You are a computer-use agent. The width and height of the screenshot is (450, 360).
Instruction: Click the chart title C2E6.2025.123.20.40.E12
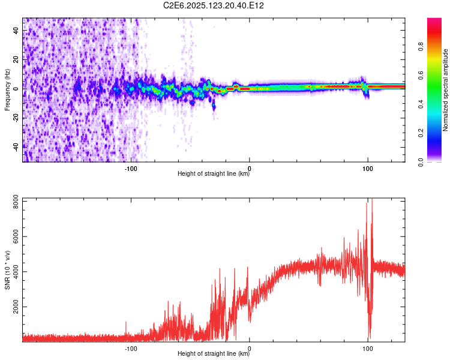coord(214,5)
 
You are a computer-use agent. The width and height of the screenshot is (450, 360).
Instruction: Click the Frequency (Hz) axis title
coord(7,90)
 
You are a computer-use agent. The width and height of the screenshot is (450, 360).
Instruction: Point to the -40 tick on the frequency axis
coord(15,146)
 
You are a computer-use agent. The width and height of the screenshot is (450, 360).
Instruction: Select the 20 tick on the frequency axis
coord(16,59)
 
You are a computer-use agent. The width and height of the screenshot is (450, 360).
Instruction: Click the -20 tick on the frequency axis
coord(15,118)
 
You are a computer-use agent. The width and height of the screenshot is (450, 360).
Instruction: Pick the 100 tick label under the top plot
coord(367,167)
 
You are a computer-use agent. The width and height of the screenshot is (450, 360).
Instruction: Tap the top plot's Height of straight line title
coord(214,174)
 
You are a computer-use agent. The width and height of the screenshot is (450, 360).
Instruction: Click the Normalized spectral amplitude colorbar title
coord(446,90)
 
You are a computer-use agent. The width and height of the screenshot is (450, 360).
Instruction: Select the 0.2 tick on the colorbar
coord(437,133)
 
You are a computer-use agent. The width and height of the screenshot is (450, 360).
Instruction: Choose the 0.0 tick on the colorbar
coord(437,161)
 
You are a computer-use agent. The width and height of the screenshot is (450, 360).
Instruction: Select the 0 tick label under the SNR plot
coord(249,347)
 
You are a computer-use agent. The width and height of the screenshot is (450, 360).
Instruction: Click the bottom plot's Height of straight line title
coord(214,354)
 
